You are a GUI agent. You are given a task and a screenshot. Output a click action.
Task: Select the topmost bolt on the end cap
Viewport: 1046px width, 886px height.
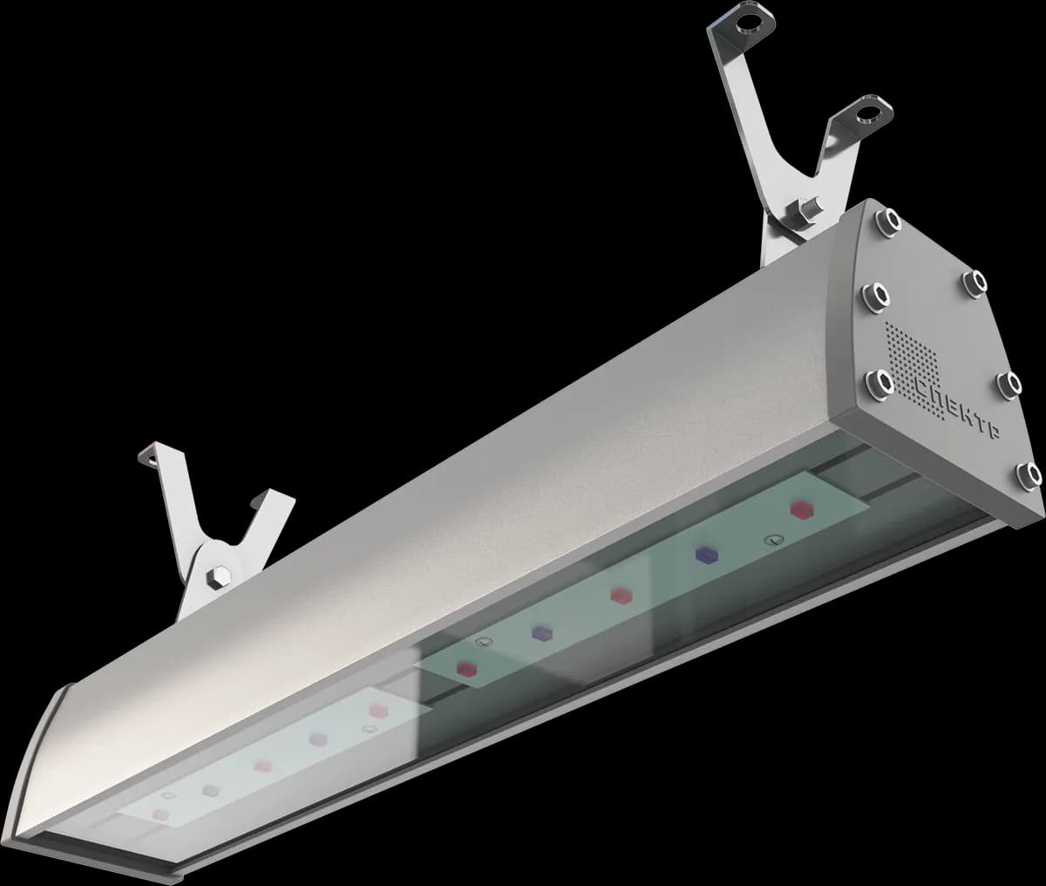(889, 221)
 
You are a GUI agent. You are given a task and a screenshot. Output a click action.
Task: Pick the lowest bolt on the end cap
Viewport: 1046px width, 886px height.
(1029, 476)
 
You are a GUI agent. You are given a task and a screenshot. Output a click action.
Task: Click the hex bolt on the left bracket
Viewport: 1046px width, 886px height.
(219, 576)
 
